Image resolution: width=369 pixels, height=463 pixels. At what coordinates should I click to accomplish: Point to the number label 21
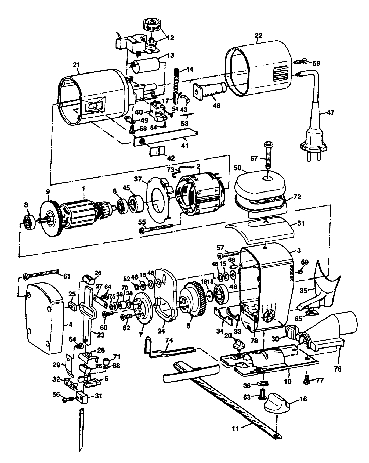pos(76,65)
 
